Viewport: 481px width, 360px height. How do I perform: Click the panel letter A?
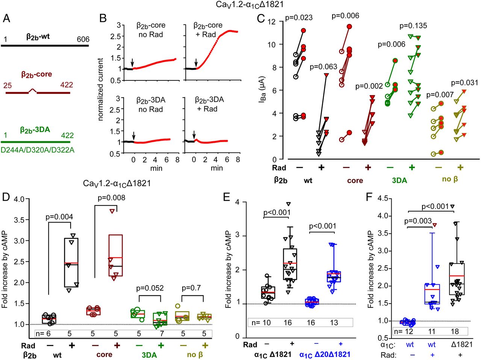6,18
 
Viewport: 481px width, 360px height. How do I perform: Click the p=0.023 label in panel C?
299,17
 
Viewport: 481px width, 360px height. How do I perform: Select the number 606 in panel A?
83,39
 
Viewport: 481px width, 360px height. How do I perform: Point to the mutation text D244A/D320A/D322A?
38,150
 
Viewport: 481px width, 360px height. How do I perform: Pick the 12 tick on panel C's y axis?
271,22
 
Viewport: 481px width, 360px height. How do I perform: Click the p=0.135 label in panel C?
413,26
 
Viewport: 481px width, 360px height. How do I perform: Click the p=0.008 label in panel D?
111,198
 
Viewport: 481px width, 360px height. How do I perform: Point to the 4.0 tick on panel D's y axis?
19,199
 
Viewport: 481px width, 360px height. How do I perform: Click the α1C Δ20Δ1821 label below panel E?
325,354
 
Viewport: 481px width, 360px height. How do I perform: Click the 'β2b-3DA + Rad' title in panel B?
209,104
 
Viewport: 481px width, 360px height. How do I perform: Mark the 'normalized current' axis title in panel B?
100,89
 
